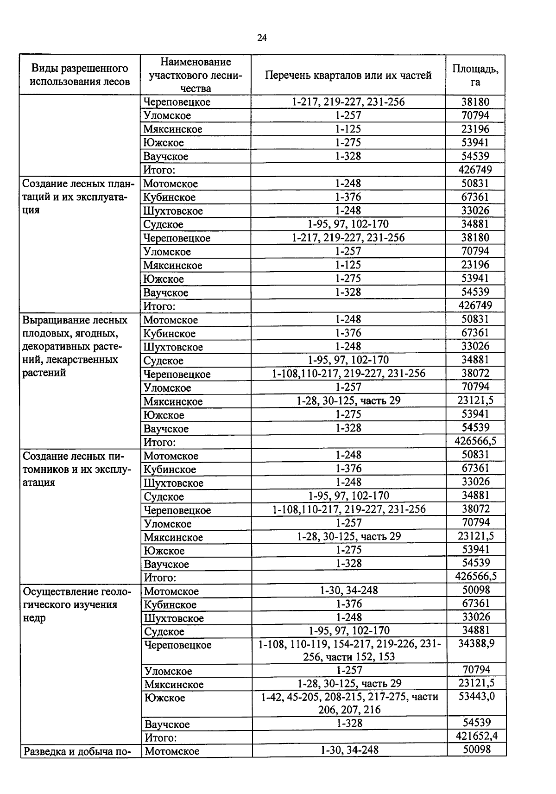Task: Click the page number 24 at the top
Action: [x=262, y=38]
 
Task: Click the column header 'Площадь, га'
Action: [x=475, y=75]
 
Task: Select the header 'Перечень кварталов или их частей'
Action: [x=348, y=75]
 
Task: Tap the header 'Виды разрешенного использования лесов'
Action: [x=80, y=75]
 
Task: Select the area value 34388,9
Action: [x=476, y=644]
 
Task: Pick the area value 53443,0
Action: [x=476, y=697]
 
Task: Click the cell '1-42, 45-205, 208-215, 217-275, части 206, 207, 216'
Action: [x=349, y=703]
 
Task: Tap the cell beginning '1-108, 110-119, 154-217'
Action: [x=349, y=650]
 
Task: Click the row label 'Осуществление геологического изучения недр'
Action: [x=77, y=604]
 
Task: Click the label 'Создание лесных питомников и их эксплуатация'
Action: [x=77, y=469]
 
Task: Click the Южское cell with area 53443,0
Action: [x=164, y=698]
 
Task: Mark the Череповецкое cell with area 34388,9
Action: [x=178, y=645]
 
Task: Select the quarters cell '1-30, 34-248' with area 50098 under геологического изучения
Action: [x=349, y=591]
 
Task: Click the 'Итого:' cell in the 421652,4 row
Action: [x=161, y=737]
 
